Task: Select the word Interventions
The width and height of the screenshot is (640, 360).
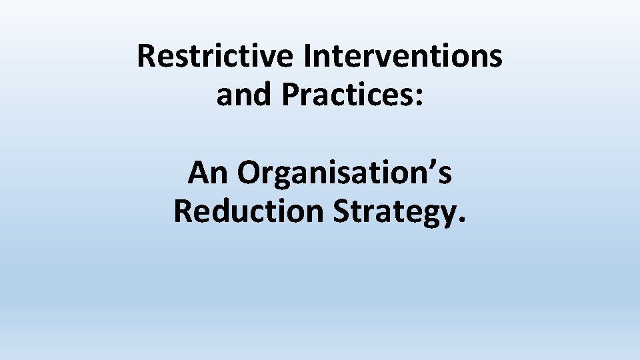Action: [x=403, y=57]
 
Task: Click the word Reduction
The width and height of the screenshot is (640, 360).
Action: [x=248, y=211]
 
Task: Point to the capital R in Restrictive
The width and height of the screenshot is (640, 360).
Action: [x=146, y=57]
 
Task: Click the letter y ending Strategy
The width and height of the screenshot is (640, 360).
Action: [x=447, y=215]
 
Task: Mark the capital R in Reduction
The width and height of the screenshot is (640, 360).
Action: [x=183, y=211]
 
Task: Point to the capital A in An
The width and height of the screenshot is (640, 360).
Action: [x=199, y=173]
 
